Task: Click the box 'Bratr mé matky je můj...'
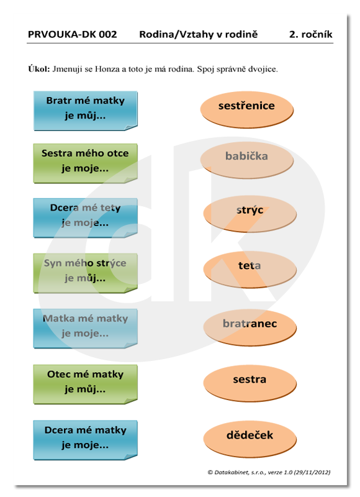86,111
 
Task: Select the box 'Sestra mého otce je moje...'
86,163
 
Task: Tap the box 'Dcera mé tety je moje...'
86,218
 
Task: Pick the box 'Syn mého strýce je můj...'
86,273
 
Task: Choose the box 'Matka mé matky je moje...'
86,329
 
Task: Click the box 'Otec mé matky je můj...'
86,384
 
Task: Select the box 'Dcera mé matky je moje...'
86,440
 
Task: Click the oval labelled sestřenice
247,110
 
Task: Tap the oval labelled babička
247,160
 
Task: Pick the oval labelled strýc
250,214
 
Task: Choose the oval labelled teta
250,270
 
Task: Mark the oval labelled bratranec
250,327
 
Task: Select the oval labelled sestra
250,383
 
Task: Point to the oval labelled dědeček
250,439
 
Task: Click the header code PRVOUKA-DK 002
73,34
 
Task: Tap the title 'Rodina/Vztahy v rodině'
199,34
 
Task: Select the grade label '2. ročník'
310,34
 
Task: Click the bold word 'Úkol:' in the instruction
39,69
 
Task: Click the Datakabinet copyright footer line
269,472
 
